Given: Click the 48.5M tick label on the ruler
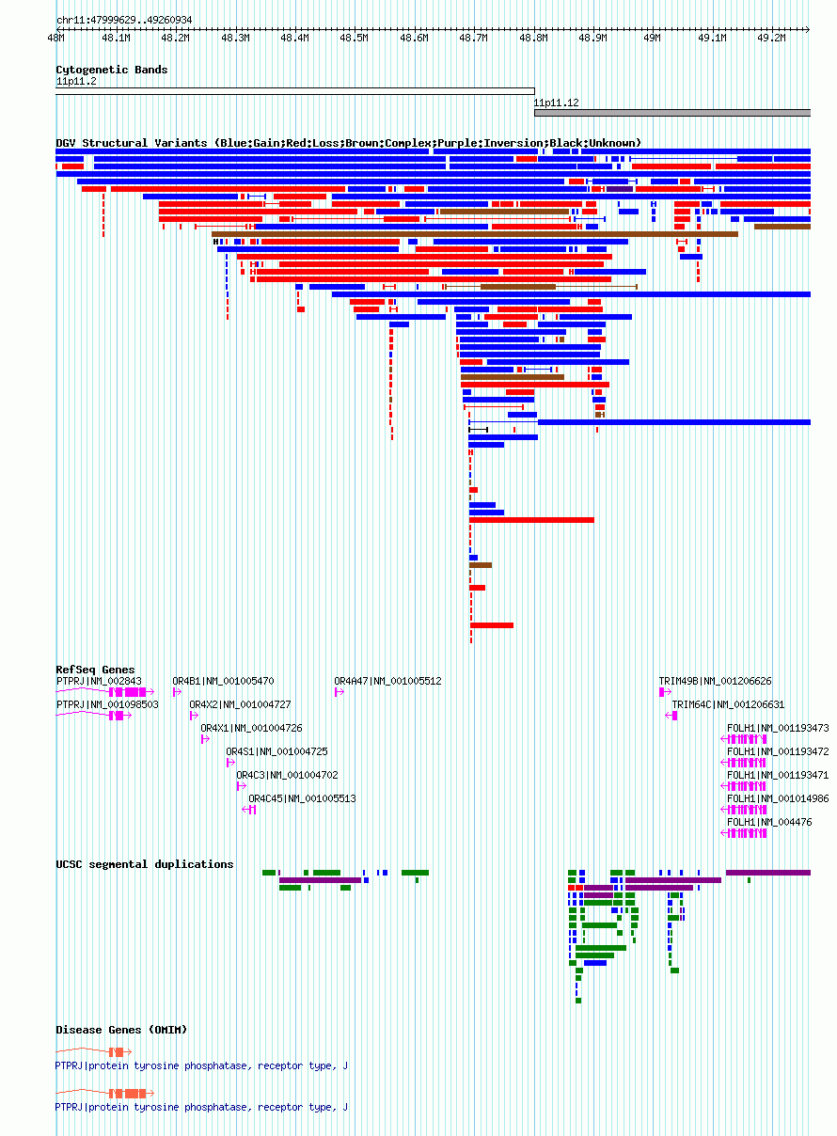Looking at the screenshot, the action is tap(354, 38).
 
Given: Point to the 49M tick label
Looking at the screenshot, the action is tap(652, 38).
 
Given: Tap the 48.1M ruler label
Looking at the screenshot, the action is tap(116, 38).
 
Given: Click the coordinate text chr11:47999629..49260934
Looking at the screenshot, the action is tap(124, 21).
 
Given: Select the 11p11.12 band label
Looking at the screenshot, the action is tap(556, 103).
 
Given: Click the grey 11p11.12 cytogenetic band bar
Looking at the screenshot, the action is tap(672, 113).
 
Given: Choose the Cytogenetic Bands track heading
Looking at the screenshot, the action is tap(112, 70).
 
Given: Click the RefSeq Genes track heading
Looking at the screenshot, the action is tap(95, 670).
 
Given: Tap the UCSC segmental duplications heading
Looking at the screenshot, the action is tap(145, 864).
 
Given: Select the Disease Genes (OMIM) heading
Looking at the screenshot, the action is tap(121, 1030).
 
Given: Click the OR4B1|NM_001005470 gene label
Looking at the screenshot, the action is tap(223, 681).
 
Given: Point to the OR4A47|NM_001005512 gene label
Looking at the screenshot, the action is tap(387, 681).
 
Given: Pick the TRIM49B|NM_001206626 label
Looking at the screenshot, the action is tap(715, 681).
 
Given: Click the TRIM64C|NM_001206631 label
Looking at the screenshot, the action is tap(728, 704).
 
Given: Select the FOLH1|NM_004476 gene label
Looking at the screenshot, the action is tap(769, 822).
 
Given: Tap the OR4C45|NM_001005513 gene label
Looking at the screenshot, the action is tap(302, 798).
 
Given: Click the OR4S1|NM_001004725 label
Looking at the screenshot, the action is tap(276, 751).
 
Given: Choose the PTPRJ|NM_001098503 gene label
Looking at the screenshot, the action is tap(107, 704).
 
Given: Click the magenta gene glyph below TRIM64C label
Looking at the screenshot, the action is tap(671, 716).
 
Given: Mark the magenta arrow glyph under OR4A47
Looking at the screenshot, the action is tap(340, 692).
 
